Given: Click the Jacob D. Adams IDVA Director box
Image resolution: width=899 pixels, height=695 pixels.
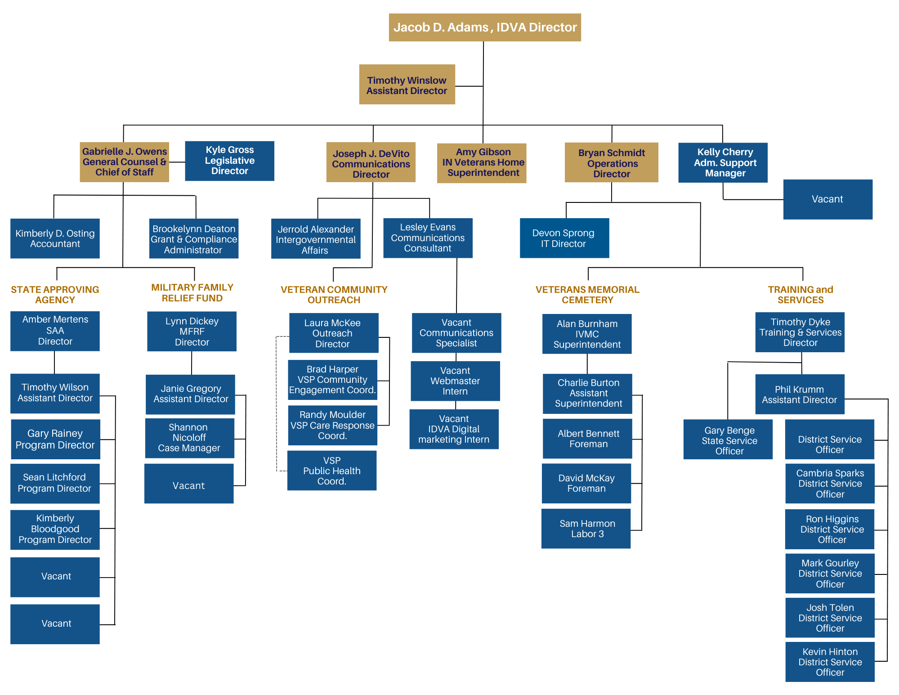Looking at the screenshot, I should pyautogui.click(x=484, y=27).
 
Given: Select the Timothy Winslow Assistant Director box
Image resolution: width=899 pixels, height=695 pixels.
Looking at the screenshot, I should pyautogui.click(x=407, y=85).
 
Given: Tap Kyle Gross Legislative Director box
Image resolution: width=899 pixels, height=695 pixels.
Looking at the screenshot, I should pyautogui.click(x=229, y=161).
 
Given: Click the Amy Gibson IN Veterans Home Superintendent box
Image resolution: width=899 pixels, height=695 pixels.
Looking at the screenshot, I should pyautogui.click(x=481, y=163).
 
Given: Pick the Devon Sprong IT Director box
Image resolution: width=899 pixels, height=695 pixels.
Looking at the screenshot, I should pyautogui.click(x=564, y=238).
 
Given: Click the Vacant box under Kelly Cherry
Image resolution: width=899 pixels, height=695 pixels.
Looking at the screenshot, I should pyautogui.click(x=827, y=199).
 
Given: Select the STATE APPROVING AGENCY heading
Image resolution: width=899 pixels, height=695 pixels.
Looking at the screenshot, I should pyautogui.click(x=55, y=295).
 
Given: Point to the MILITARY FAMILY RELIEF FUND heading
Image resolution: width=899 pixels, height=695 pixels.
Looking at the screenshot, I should pyautogui.click(x=192, y=292).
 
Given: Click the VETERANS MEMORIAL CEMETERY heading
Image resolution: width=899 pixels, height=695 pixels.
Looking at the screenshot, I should pyautogui.click(x=587, y=295).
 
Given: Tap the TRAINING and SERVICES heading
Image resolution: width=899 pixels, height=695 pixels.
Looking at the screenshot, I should pyautogui.click(x=800, y=295).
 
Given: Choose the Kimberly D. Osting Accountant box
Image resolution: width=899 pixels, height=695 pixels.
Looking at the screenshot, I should pyautogui.click(x=55, y=238).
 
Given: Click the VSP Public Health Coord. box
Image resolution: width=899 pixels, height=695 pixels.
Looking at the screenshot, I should pyautogui.click(x=331, y=471).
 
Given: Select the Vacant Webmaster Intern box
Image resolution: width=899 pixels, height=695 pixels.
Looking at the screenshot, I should pyautogui.click(x=455, y=381).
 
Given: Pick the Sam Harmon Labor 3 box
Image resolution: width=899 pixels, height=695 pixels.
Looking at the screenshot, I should pyautogui.click(x=586, y=529).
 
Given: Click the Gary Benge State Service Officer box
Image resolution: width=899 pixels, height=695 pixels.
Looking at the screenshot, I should pyautogui.click(x=728, y=439).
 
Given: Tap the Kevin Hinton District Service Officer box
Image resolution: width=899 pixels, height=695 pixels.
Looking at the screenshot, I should pyautogui.click(x=829, y=662).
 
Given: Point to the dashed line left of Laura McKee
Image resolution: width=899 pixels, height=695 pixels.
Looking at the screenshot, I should pyautogui.click(x=277, y=405).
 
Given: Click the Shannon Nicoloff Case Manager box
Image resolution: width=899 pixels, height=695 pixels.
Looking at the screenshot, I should pyautogui.click(x=189, y=438).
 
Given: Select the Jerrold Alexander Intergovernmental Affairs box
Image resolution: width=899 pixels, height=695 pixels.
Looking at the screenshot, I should pyautogui.click(x=315, y=239).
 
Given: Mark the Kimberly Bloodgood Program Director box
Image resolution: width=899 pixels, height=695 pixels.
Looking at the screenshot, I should pyautogui.click(x=55, y=529).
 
